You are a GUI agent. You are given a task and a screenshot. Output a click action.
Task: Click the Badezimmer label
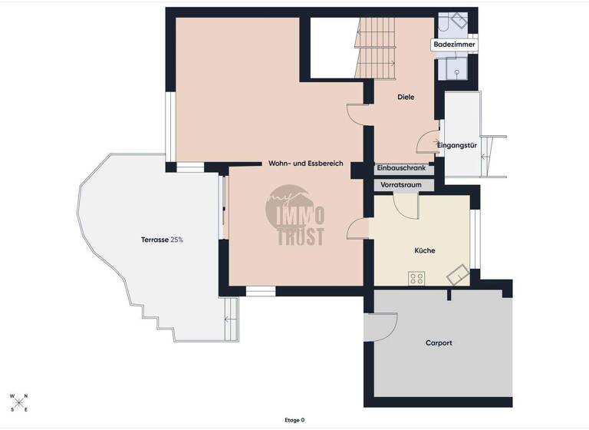(x=454, y=45)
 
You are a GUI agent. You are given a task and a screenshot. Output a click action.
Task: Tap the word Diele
(x=406, y=97)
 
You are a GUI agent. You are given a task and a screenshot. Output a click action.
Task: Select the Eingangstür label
(x=457, y=145)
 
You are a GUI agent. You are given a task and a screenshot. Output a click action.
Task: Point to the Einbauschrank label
(x=402, y=167)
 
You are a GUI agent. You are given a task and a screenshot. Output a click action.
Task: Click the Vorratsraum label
(x=402, y=185)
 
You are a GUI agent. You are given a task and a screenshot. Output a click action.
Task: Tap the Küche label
(x=425, y=250)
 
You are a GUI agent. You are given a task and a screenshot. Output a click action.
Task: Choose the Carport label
(x=439, y=342)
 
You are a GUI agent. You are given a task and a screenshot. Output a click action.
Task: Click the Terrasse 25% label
(x=162, y=240)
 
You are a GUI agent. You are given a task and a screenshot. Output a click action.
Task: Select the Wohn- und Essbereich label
(x=305, y=164)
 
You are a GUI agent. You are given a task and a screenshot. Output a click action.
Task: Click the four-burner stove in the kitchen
(x=417, y=277)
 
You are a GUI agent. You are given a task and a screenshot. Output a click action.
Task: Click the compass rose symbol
(x=18, y=402)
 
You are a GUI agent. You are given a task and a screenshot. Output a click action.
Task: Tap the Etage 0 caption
(x=294, y=420)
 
